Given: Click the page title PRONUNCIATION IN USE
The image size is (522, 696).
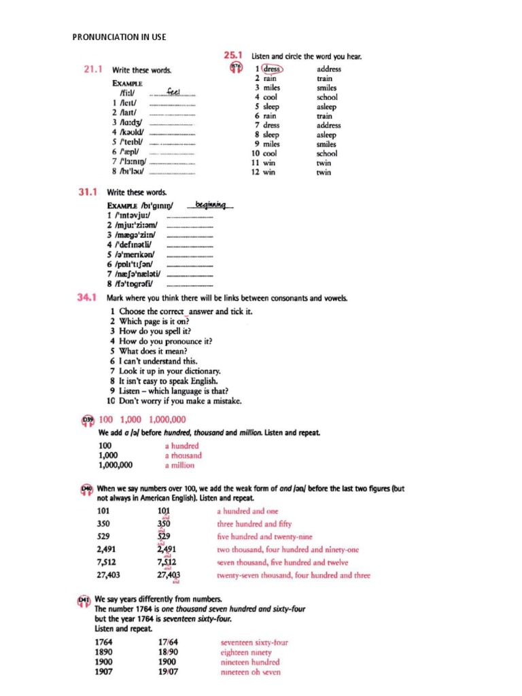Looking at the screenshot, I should pos(119,37).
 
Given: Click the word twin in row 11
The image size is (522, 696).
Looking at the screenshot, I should pos(324,163).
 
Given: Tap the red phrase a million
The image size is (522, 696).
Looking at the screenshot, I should pos(179,466).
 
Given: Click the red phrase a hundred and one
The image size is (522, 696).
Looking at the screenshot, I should pos(247,511).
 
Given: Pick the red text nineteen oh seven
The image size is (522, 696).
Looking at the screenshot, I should pos(250,672).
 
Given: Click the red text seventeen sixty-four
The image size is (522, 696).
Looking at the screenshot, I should pos(254,642).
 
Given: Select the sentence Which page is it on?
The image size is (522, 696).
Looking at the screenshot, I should pos(154,321).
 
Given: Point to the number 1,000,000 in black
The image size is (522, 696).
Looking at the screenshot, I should pos(116,466).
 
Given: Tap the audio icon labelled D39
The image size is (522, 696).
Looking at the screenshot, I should pos(87,421).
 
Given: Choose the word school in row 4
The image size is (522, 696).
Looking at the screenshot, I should pos(327,97).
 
